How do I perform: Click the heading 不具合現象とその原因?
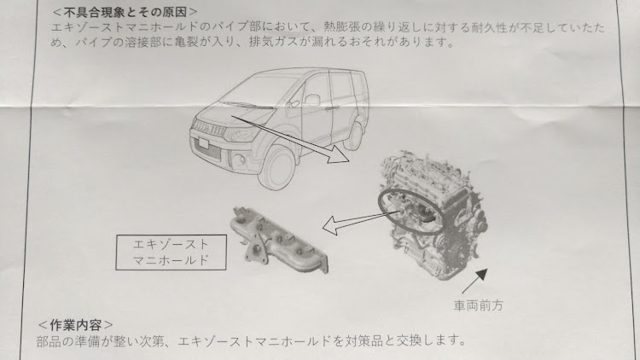point(125,12)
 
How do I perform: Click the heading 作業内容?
point(75,325)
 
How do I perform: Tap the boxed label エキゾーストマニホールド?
point(171,253)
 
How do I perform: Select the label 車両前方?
point(479,305)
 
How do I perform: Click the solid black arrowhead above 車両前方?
point(481,275)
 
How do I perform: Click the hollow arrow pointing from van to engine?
point(291,140)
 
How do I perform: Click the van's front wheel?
point(276,166)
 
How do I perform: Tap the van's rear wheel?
point(353,136)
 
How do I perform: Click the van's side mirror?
point(311,100)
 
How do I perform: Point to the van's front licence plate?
point(202,142)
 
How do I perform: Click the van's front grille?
point(209,128)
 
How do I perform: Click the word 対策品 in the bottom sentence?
point(364,340)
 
